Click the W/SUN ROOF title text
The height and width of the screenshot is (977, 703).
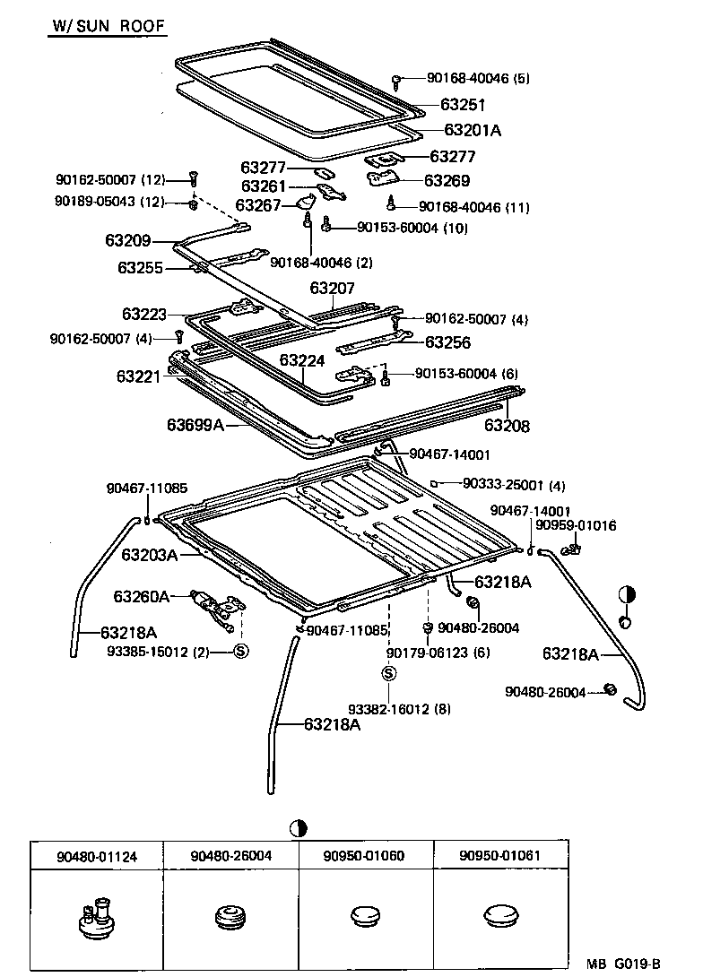click(x=107, y=27)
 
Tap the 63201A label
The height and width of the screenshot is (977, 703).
click(x=472, y=131)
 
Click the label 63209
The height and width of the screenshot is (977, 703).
click(x=127, y=241)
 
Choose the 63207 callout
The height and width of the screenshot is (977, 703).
click(x=333, y=289)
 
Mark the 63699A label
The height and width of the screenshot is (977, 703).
click(x=195, y=425)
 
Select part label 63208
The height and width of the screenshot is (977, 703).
click(x=508, y=427)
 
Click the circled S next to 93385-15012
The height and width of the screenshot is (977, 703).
click(x=240, y=651)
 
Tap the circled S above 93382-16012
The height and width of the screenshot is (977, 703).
click(x=388, y=674)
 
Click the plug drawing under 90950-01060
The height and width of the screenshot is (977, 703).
click(x=365, y=915)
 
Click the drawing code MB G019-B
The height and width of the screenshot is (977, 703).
click(x=623, y=964)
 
